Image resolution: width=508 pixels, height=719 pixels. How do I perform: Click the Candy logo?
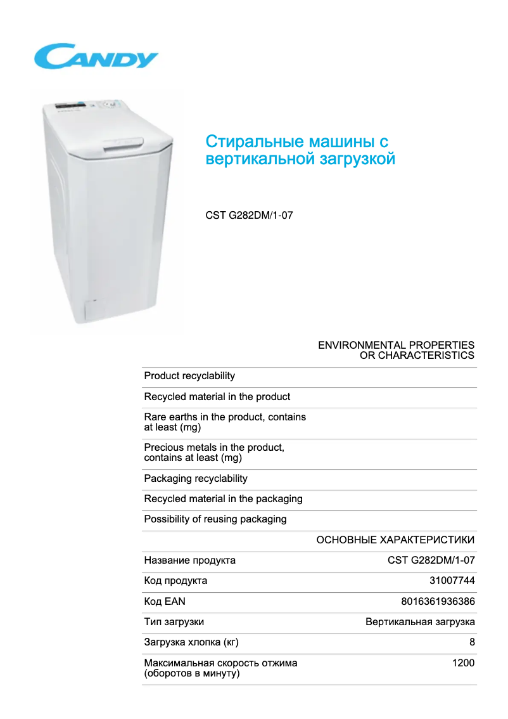tap(96, 57)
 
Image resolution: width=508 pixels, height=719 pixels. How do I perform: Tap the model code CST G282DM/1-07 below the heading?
tap(249, 216)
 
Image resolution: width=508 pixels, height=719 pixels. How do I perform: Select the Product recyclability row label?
tap(189, 376)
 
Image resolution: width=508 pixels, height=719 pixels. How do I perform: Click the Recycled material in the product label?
tap(217, 397)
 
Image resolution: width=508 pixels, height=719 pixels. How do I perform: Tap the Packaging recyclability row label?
tap(196, 479)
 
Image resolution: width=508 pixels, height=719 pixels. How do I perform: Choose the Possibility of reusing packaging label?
tap(215, 519)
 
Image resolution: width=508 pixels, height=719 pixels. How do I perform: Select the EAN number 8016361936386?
tap(438, 602)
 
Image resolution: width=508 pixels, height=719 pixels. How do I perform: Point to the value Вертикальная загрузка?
tap(420, 622)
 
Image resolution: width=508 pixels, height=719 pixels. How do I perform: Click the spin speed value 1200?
tap(463, 663)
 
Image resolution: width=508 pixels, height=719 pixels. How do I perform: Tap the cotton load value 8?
tap(472, 642)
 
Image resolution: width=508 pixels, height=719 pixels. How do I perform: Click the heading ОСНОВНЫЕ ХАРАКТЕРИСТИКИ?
tap(395, 540)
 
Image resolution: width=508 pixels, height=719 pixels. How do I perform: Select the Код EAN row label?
tap(165, 602)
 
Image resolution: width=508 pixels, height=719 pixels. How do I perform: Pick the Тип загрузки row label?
tap(174, 622)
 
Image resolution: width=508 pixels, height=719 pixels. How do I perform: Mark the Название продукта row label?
tap(190, 560)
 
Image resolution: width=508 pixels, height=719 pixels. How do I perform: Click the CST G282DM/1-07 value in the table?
tap(431, 560)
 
